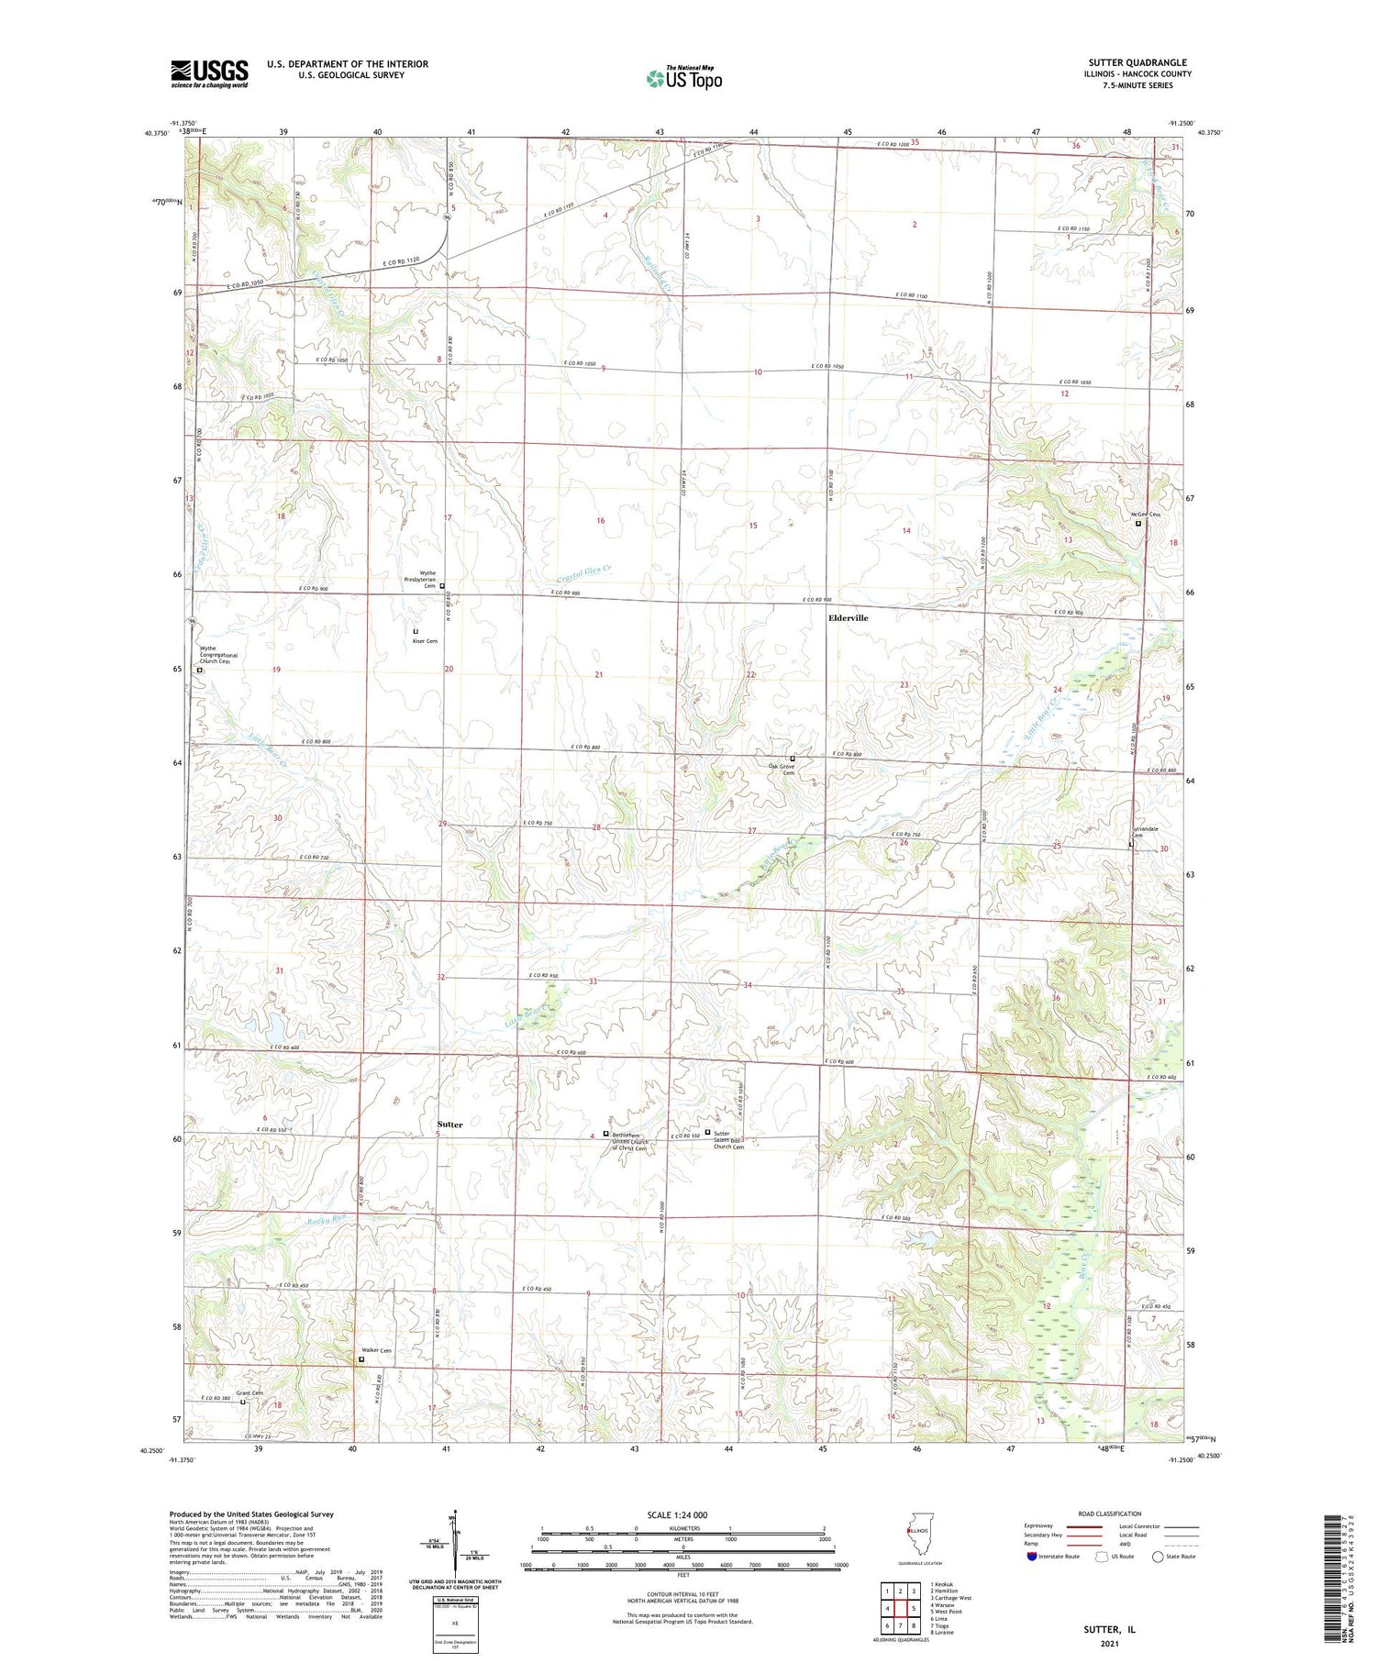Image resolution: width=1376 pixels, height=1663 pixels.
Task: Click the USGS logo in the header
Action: (x=209, y=72)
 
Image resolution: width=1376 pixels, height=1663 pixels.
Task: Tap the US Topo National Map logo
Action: (x=683, y=78)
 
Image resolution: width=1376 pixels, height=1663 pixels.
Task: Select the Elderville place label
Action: (x=848, y=618)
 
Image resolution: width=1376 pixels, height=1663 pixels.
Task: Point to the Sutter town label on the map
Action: (x=449, y=1124)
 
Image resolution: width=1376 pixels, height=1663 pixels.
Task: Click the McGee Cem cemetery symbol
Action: (x=1138, y=524)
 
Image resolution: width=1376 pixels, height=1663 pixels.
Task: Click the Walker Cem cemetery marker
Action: (x=361, y=1360)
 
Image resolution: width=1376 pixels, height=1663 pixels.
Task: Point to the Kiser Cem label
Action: (x=424, y=641)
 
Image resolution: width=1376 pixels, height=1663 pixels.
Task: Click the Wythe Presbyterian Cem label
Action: (x=420, y=580)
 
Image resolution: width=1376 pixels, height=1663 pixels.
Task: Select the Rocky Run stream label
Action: (x=326, y=1221)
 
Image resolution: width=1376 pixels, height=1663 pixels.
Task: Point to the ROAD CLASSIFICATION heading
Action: (x=1110, y=1513)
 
